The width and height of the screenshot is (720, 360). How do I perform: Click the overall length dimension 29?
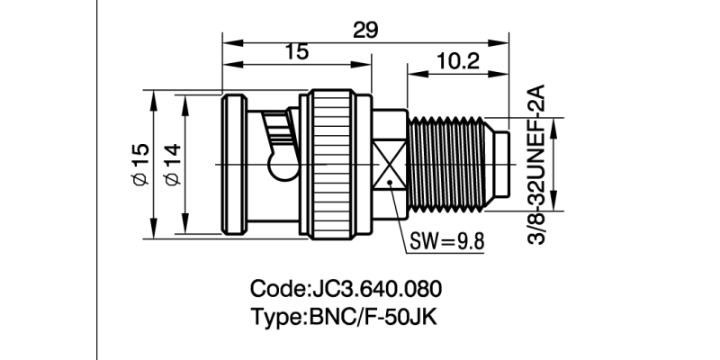pyautogui.click(x=364, y=29)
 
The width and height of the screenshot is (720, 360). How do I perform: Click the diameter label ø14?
pyautogui.click(x=173, y=166)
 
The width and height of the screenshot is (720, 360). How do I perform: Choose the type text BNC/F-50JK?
pyautogui.click(x=373, y=317)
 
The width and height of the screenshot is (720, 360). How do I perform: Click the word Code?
pyautogui.click(x=277, y=291)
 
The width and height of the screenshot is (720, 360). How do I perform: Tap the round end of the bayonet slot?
pyautogui.click(x=280, y=166)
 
